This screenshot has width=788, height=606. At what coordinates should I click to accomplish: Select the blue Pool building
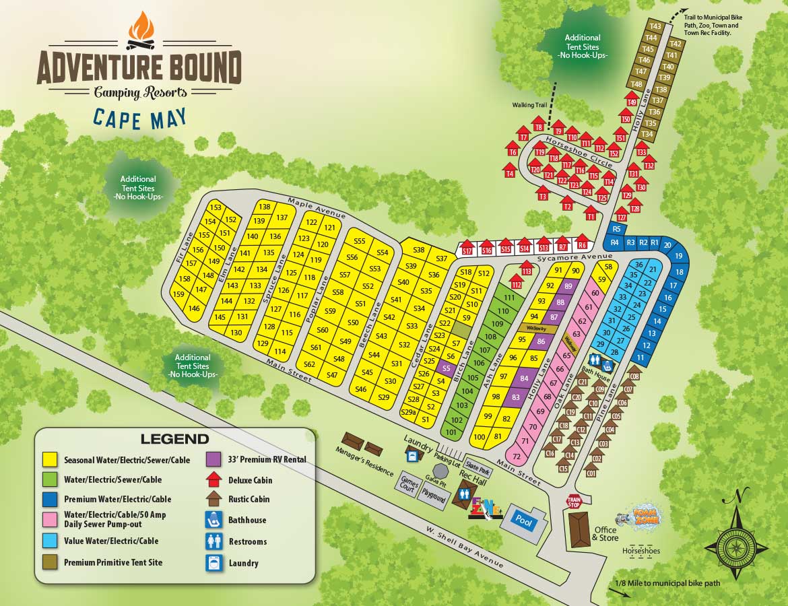click(x=523, y=519)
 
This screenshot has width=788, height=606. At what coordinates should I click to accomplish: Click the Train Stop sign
click(x=573, y=502)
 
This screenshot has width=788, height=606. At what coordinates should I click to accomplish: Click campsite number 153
click(x=216, y=208)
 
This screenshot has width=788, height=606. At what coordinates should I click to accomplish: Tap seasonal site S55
click(x=359, y=241)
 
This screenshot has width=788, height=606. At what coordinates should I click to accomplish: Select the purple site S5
click(x=445, y=369)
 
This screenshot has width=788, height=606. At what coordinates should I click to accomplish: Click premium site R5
click(x=616, y=229)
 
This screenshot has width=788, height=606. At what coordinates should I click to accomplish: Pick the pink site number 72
click(x=517, y=457)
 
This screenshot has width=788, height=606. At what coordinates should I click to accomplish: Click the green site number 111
click(x=508, y=298)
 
